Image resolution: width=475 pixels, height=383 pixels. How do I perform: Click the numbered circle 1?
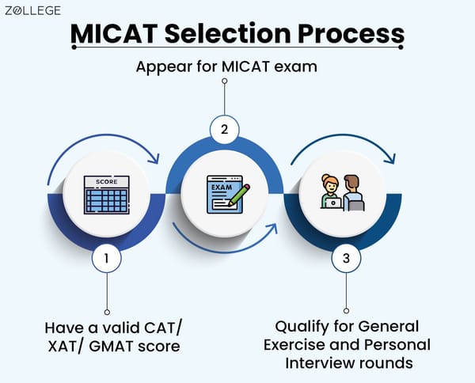(x=107, y=258)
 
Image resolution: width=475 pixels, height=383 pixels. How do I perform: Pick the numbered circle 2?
(x=225, y=127)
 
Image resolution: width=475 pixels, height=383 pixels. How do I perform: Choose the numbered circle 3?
(x=344, y=258)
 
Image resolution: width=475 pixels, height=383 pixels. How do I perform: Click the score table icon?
(x=106, y=194)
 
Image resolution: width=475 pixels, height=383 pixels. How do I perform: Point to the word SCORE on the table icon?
(x=106, y=181)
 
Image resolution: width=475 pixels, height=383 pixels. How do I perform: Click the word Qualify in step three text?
(x=301, y=325)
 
